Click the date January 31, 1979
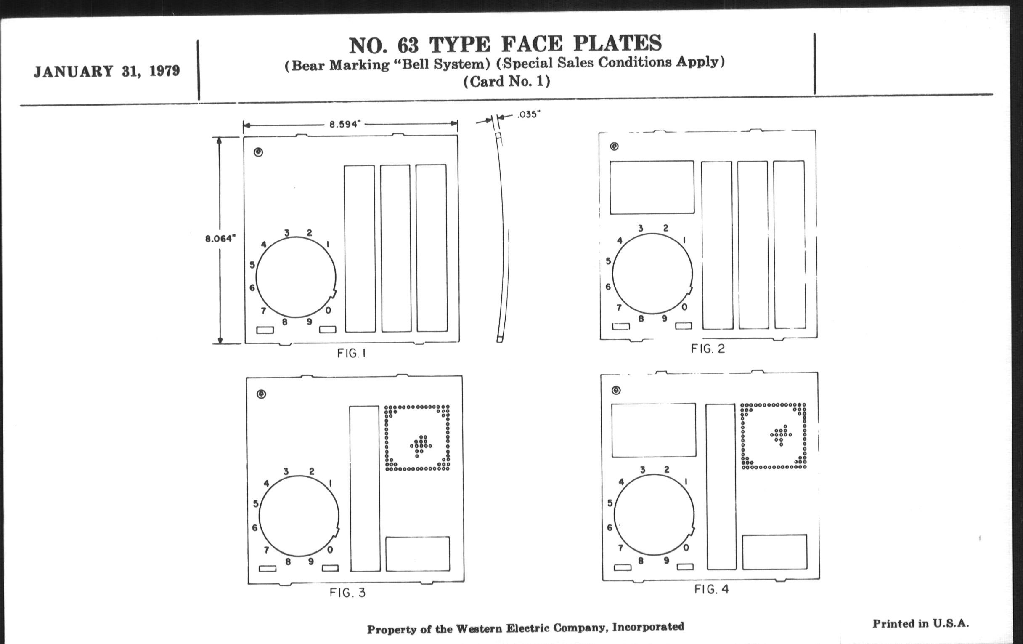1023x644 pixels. [x=107, y=71]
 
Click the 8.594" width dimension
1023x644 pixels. [x=345, y=124]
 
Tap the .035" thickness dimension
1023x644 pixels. [x=528, y=114]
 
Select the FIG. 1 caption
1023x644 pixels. [x=351, y=353]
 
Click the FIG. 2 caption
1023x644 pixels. [x=708, y=349]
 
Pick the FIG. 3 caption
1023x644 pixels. [x=347, y=593]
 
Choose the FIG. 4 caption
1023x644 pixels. [x=712, y=589]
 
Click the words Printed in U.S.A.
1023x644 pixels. [x=921, y=624]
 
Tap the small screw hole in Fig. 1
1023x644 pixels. [x=258, y=152]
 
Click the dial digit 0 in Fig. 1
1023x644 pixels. [x=328, y=311]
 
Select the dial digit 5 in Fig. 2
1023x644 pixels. [x=608, y=261]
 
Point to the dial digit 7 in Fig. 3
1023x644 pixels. [x=266, y=550]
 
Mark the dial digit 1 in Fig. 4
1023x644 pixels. [x=686, y=482]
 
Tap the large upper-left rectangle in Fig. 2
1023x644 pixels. [x=652, y=187]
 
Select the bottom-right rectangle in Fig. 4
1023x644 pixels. [x=774, y=552]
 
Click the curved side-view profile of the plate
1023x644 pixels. [x=503, y=238]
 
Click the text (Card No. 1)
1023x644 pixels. [x=506, y=81]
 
